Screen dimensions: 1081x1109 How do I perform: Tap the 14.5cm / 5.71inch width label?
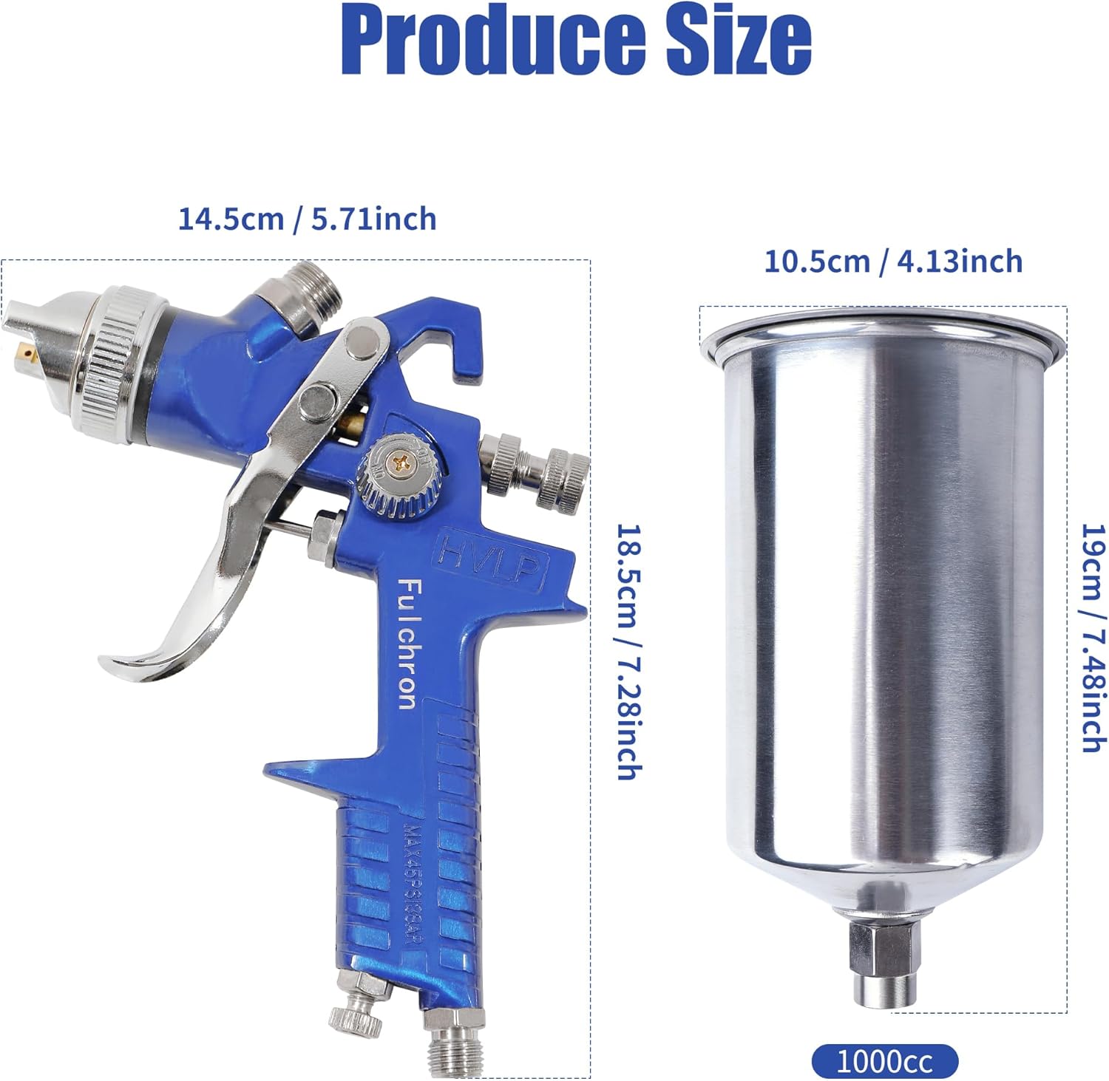(x=307, y=219)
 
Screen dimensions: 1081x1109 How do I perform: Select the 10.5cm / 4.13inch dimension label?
(x=892, y=262)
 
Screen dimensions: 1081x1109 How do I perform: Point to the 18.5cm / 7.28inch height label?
(x=628, y=652)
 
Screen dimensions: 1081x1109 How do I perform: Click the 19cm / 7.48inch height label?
(x=1093, y=637)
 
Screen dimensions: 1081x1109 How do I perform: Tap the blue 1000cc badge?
(x=884, y=1063)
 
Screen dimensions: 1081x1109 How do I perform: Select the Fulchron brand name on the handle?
(x=407, y=643)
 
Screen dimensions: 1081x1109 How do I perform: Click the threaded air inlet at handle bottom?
(x=452, y=1045)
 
